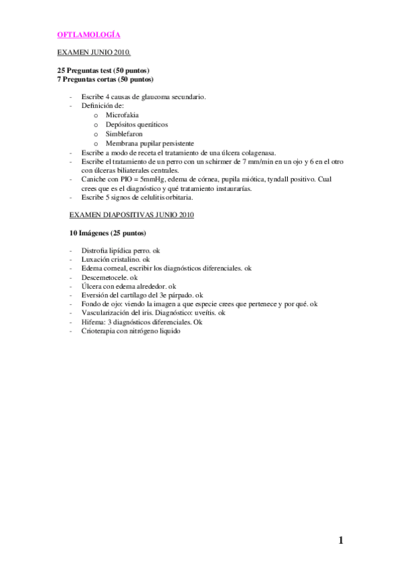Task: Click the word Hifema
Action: tap(92, 322)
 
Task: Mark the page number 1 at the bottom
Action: tap(341, 541)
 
